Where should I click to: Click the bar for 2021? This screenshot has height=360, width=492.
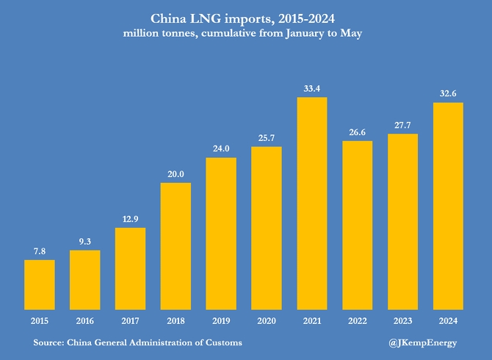[312, 204]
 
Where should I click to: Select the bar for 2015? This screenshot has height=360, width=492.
[40, 284]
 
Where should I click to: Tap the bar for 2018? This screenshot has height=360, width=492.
[176, 246]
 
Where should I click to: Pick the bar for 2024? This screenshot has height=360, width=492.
[448, 206]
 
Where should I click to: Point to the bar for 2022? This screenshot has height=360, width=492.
[358, 225]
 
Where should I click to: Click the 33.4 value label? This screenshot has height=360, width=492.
[312, 89]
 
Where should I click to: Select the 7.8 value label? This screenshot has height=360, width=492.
[40, 251]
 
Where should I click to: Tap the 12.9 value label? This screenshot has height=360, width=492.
[130, 219]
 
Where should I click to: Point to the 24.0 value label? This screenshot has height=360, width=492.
[221, 148]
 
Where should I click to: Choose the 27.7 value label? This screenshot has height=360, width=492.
[402, 126]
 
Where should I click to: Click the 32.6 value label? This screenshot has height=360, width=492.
[448, 93]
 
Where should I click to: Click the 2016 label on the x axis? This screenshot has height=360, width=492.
[85, 321]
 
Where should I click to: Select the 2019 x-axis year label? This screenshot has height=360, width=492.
[221, 321]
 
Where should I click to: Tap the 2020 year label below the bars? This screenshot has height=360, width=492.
[267, 321]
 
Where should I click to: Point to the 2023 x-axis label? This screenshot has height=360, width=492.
[402, 321]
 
